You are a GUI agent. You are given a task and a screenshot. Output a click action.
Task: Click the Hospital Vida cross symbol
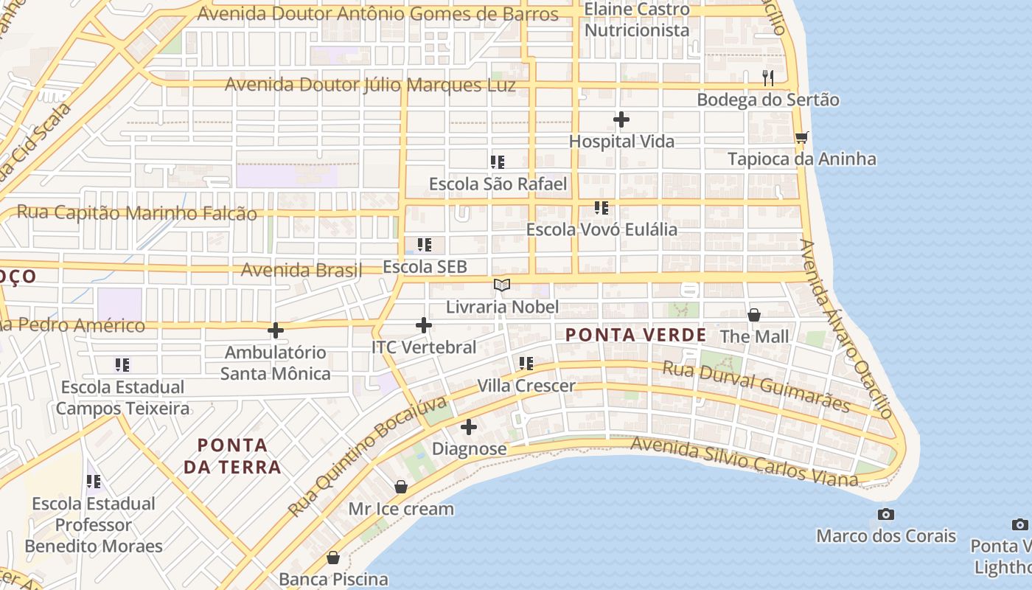[621, 119]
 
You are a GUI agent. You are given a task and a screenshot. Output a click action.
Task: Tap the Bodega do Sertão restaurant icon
[768, 77]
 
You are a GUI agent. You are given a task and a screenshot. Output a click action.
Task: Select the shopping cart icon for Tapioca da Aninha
[802, 137]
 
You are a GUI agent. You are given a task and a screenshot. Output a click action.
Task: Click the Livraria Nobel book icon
[502, 285]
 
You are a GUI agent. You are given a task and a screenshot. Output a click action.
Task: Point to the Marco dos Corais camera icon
[886, 514]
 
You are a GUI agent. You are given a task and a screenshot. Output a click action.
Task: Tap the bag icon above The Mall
[754, 315]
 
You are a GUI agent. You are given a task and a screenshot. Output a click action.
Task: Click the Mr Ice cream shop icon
[401, 487]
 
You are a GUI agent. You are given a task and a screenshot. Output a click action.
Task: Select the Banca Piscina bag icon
[333, 558]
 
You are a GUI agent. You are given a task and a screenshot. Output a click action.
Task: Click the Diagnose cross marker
[469, 427]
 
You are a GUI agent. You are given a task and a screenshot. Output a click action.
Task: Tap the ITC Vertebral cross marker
[424, 324]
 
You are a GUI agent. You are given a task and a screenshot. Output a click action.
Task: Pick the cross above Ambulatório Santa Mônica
[276, 330]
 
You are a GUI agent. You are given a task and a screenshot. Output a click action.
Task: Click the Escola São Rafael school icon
[498, 162]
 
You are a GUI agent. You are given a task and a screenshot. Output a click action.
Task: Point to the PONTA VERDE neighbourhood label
[635, 335]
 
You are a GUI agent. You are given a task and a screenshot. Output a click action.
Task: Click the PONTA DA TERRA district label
[232, 456]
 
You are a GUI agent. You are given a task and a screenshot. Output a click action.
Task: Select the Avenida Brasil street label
[301, 270]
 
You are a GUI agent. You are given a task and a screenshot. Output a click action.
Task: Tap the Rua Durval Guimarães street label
[756, 387]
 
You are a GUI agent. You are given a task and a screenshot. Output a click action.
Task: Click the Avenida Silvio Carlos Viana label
[745, 461]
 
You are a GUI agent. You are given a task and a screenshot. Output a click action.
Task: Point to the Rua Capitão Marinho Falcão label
[137, 213]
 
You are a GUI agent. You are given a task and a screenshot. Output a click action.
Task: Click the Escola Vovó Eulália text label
[602, 229]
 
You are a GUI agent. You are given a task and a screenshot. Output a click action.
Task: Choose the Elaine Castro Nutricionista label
[637, 20]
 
